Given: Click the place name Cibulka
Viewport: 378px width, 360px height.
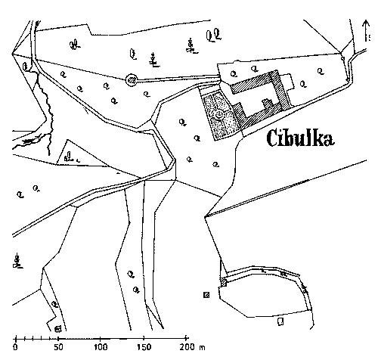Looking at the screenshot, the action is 301,138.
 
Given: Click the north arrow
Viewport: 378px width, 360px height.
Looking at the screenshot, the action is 366,31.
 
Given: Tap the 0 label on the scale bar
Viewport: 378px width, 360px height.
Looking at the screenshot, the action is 16,347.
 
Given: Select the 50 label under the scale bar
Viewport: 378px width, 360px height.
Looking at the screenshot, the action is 58,347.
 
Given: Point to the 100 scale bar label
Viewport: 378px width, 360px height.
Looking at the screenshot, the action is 101,347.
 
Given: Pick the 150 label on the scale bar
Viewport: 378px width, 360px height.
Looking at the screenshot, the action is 144,347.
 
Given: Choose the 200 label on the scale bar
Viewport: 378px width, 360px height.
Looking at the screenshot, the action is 187,347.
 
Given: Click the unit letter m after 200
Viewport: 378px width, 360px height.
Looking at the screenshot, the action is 202,348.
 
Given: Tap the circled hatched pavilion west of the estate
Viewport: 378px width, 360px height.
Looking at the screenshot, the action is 132,80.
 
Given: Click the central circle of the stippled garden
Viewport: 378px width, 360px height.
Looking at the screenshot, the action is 219,116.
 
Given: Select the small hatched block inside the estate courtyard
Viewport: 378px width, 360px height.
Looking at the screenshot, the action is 268,104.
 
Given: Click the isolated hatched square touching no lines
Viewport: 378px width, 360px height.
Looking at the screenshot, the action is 206,295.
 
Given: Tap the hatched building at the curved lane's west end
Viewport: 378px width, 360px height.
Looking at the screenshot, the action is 223,282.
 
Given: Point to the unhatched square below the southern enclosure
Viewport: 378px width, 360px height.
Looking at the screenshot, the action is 280,321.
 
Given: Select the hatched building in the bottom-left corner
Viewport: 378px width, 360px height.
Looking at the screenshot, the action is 57,329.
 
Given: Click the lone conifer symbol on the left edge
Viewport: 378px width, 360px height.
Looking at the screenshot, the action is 17,262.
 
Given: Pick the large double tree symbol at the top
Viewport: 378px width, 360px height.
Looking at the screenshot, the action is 214,36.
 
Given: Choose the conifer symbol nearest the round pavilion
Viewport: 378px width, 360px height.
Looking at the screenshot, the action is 153,60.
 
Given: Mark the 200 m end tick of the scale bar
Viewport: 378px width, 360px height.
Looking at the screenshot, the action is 186,338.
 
